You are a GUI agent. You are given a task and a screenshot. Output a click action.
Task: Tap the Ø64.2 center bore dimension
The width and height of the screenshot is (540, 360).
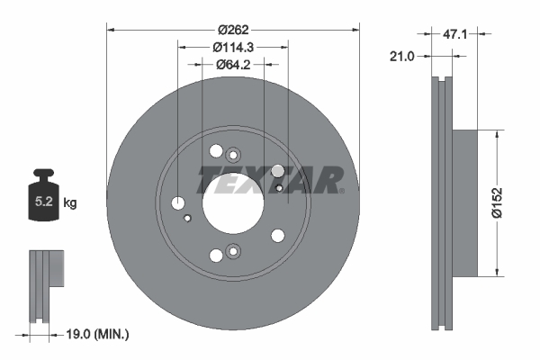(232, 65)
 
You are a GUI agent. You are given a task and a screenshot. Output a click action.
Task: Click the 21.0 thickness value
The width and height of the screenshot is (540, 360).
(401, 56)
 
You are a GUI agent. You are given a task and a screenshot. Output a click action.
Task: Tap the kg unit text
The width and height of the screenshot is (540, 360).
(70, 203)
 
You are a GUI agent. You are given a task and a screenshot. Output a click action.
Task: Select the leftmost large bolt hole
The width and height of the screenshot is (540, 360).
(178, 202)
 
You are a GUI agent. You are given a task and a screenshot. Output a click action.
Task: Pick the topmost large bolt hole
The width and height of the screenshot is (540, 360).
(215, 152)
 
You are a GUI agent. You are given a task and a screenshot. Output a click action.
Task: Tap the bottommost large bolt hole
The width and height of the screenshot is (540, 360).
(215, 255)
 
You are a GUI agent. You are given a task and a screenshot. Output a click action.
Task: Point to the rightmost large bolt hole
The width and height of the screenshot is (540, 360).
(277, 171)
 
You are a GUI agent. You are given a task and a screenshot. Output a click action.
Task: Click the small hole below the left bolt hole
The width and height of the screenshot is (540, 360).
(187, 218)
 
